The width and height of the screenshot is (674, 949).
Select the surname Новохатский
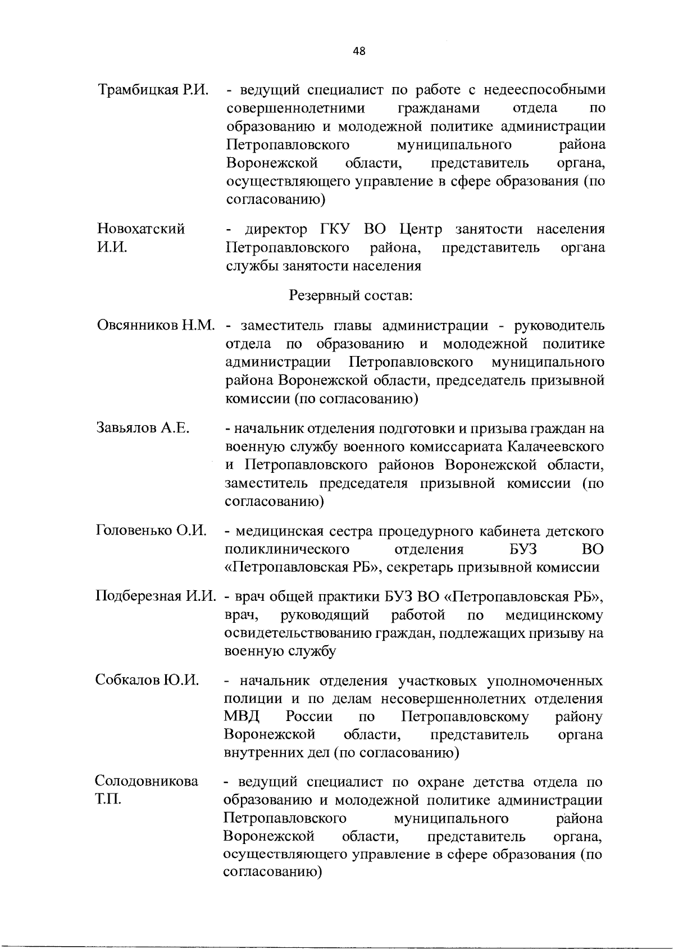click(141, 229)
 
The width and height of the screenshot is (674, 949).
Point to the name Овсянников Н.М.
click(156, 326)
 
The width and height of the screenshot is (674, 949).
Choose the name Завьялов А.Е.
click(143, 428)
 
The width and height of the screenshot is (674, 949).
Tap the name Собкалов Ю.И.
click(147, 681)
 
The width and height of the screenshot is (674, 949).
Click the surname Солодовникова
click(147, 782)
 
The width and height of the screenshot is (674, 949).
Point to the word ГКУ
click(335, 229)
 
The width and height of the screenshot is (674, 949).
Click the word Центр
click(421, 229)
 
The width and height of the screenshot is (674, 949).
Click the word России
click(309, 717)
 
